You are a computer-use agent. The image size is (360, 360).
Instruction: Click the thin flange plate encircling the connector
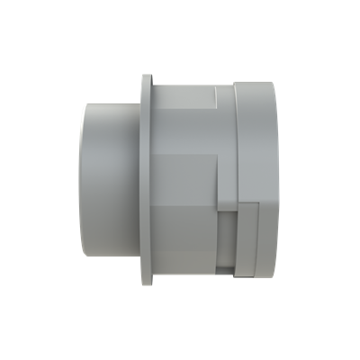pyautogui.click(x=146, y=180)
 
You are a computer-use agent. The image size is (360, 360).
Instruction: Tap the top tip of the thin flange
pyautogui.click(x=146, y=78)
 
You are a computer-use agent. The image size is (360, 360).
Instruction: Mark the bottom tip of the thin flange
pyautogui.click(x=146, y=282)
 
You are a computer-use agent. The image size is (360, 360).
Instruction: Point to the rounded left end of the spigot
pyautogui.click(x=83, y=180)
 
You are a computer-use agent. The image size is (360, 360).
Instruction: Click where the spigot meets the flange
pyautogui.click(x=139, y=180)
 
